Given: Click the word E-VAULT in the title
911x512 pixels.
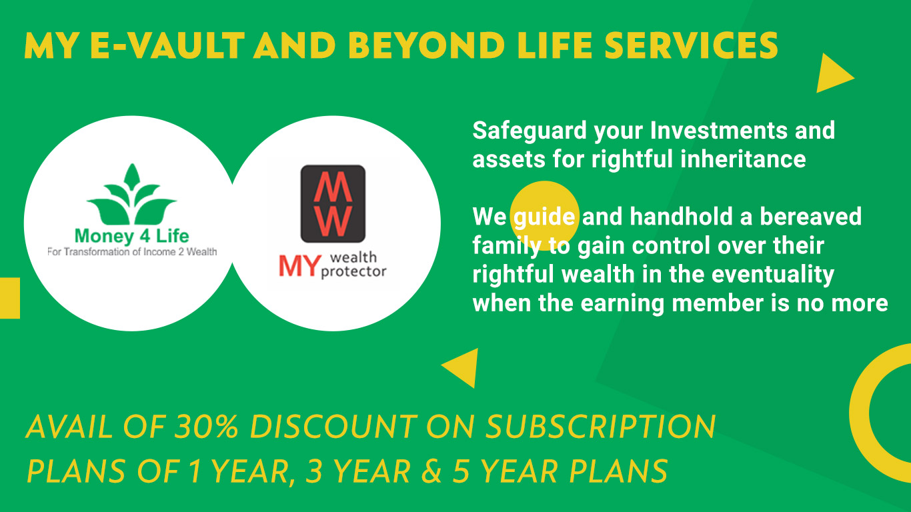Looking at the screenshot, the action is [x=167, y=45].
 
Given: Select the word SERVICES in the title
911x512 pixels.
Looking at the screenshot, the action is [x=692, y=45].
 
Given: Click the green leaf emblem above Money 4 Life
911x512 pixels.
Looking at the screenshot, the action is [x=132, y=195].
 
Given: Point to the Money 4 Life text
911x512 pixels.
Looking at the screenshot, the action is [x=132, y=236].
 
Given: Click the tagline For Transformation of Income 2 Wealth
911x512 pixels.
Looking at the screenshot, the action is [x=132, y=252].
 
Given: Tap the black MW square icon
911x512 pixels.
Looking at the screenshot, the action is [x=333, y=203].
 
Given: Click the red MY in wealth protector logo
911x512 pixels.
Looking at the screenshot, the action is [x=299, y=266].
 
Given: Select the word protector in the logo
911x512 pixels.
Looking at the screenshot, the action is [x=353, y=272].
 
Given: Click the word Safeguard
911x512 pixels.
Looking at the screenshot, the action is [x=530, y=131].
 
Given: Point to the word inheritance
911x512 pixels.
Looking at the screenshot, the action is [x=743, y=159].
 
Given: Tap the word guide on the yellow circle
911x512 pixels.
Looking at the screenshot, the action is [x=544, y=217].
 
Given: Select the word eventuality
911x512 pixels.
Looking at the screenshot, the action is [x=773, y=275].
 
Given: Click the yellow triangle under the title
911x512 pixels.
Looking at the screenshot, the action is [x=834, y=73].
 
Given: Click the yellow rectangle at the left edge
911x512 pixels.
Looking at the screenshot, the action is [x=10, y=298].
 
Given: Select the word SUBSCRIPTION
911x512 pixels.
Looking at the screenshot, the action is [x=600, y=427].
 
